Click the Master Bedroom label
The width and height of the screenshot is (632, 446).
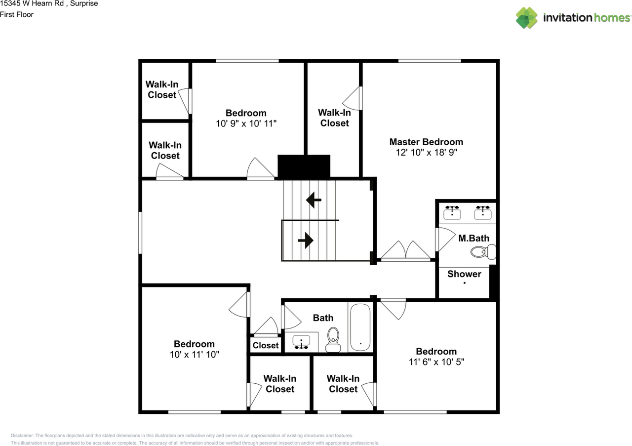tap(426, 142)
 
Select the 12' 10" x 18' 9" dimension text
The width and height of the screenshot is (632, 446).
tap(426, 153)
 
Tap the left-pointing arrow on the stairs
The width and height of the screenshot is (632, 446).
tap(314, 200)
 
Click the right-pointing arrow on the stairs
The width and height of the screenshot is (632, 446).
tap(306, 241)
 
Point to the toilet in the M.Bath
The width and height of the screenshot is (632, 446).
tap(482, 253)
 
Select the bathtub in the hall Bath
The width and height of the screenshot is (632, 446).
tap(360, 327)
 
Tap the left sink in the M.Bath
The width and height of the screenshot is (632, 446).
tap(452, 212)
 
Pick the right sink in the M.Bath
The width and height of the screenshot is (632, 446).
tap(482, 212)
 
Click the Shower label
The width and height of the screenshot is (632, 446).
tap(464, 274)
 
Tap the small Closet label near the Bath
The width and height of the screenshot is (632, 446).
tap(266, 345)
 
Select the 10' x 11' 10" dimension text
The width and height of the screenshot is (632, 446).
tap(194, 355)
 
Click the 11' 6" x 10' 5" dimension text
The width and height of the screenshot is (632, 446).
tap(436, 362)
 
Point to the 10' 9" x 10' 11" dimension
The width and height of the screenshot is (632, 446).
tap(246, 123)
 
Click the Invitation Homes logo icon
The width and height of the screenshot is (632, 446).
tap(527, 18)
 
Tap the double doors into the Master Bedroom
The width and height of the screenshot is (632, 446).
tap(406, 251)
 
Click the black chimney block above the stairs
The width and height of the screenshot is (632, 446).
tap(304, 166)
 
